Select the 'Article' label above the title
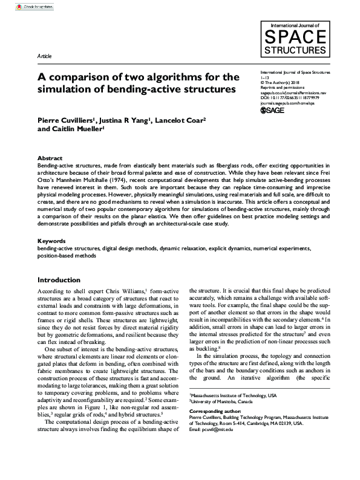tap(44, 56)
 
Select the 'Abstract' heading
tap(50, 157)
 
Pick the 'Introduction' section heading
tap(59, 280)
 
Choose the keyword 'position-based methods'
tap(66, 256)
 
